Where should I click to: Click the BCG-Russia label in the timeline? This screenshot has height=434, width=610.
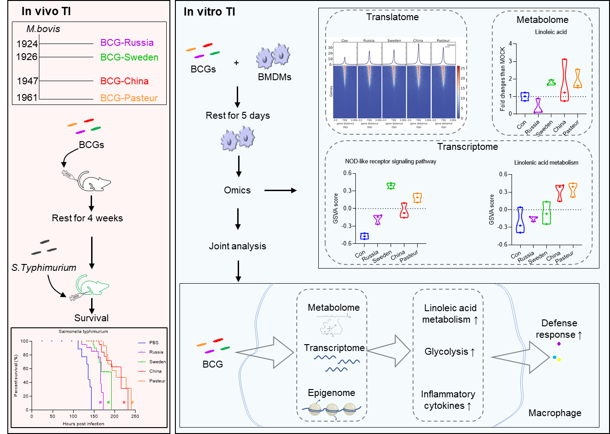click(127, 43)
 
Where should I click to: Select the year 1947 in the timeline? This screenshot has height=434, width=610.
click(27, 81)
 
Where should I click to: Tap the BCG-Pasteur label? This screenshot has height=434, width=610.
click(129, 98)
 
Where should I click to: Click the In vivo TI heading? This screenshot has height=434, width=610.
click(46, 11)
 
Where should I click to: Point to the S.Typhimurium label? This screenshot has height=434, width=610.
click(44, 268)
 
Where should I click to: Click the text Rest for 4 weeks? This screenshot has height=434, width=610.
click(87, 218)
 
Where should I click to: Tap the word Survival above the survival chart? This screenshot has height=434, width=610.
click(92, 318)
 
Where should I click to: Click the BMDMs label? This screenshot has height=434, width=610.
click(274, 77)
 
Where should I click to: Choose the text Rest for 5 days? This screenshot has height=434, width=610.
click(238, 115)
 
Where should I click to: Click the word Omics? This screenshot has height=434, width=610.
click(237, 190)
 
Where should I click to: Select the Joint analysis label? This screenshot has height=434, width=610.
click(237, 246)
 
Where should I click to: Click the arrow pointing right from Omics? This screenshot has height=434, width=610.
click(281, 190)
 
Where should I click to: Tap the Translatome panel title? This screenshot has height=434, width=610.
click(392, 17)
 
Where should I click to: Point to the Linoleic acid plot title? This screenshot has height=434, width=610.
click(551, 32)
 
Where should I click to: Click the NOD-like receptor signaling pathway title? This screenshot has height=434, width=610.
click(391, 161)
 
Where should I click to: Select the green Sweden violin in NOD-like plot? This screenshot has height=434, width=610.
click(391, 186)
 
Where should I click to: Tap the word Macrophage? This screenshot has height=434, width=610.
click(555, 413)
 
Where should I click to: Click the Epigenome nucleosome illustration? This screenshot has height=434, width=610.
click(332, 408)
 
